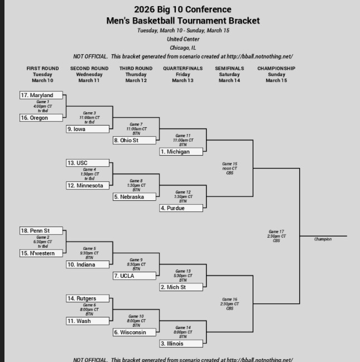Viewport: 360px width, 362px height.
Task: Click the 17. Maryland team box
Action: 41,95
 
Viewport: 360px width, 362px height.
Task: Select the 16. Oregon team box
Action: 41,118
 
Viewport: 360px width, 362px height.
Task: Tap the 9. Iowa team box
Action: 88,129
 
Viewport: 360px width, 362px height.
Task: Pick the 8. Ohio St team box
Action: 135,141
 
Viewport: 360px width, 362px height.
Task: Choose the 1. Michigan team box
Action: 181,152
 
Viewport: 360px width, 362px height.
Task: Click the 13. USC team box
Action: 88,163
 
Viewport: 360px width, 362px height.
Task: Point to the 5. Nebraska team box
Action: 135,197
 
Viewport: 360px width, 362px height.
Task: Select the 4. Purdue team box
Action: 181,208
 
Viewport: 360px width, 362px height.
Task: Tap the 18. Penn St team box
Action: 41,231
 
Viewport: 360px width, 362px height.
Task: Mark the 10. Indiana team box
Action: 88,264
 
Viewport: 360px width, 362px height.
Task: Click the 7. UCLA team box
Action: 135,276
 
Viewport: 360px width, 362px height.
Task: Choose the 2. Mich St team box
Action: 181,287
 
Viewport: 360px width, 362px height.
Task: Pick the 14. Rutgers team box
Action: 88,298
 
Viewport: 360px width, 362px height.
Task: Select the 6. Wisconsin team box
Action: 135,332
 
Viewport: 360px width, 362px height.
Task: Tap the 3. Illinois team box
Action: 181,344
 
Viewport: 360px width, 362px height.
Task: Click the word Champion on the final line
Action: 323,239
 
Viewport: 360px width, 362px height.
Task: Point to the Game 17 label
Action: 276,231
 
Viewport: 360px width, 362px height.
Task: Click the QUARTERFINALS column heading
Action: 183,69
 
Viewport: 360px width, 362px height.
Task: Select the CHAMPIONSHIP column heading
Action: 276,69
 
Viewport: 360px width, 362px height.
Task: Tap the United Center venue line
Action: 183,39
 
